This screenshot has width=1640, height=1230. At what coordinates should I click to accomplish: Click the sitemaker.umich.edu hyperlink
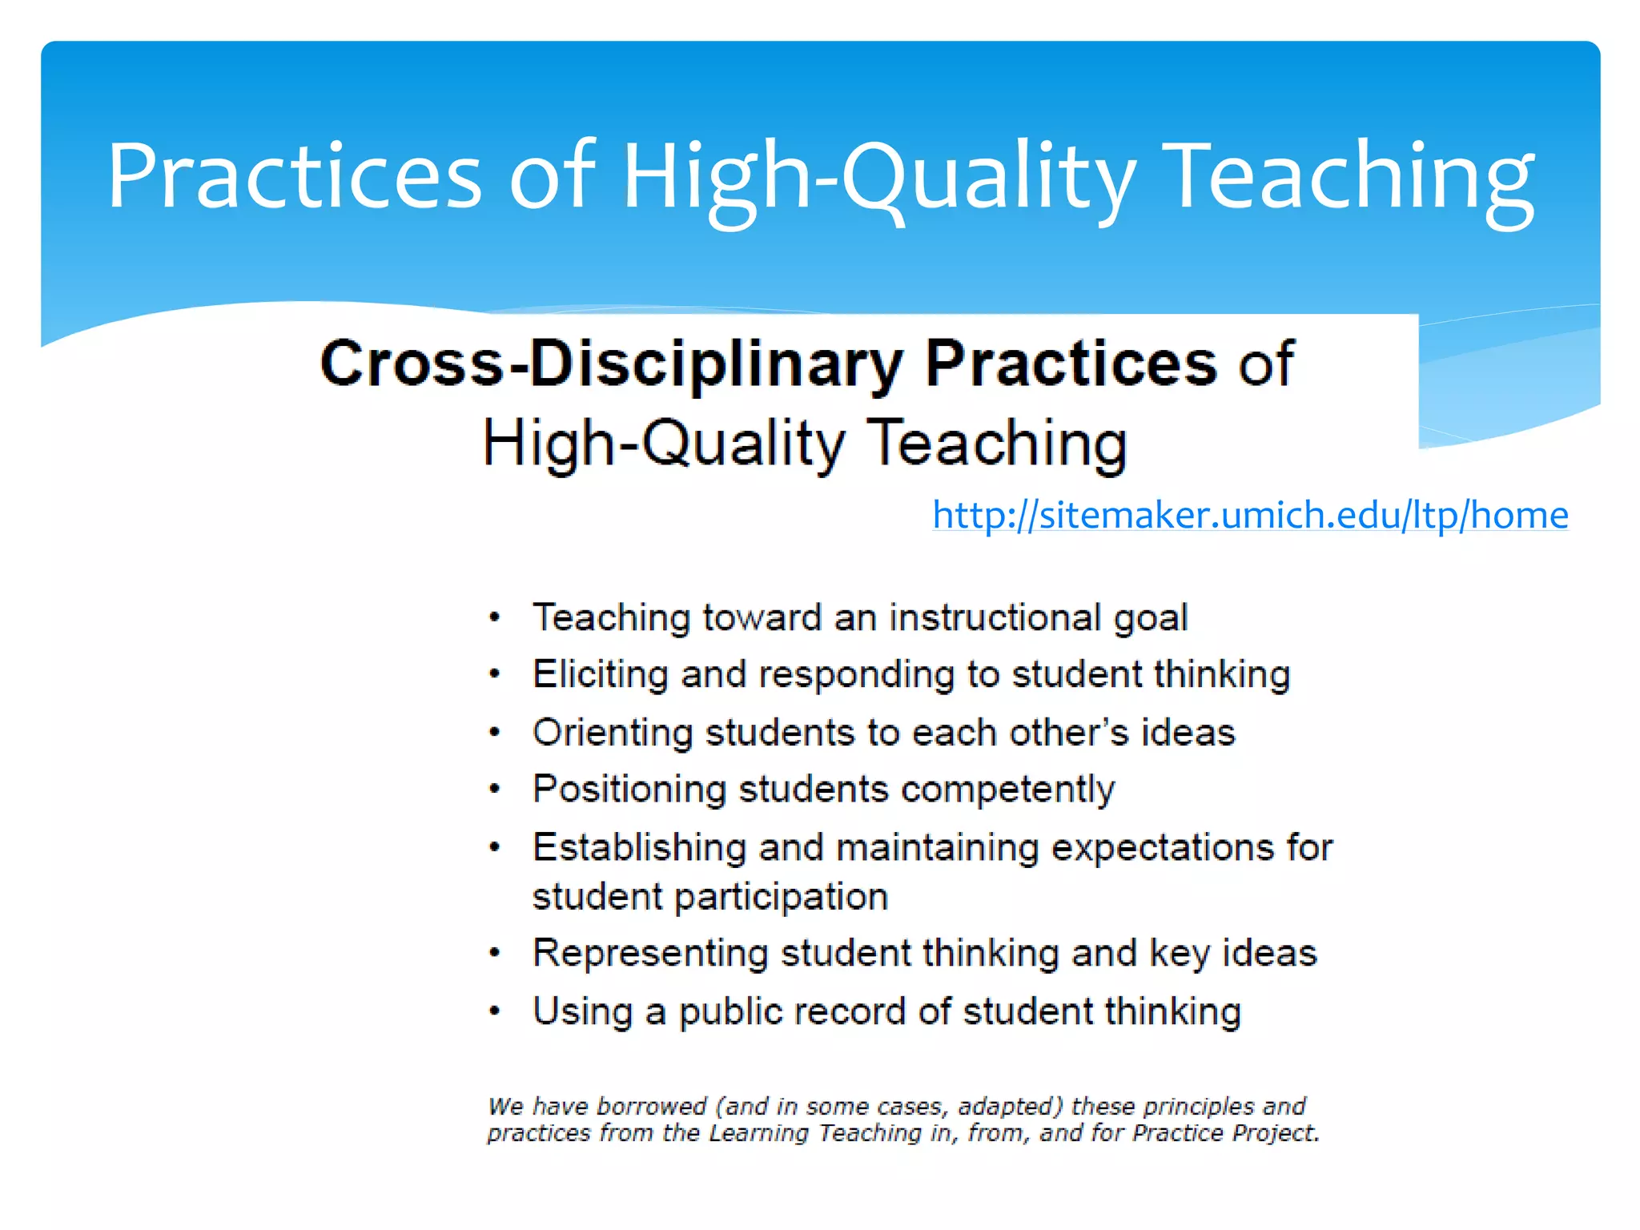1249,515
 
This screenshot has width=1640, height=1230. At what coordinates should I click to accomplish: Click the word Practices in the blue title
294,176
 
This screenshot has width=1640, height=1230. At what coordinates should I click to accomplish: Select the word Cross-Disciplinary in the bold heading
612,364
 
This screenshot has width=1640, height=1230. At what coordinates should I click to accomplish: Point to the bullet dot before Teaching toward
495,617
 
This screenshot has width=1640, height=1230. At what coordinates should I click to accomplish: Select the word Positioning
629,790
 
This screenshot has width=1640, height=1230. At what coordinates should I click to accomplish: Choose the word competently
1007,790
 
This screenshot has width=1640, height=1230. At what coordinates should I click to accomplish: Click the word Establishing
639,848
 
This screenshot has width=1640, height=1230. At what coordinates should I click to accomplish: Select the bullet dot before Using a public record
495,1011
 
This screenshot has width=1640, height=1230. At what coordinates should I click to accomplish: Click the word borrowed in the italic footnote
651,1107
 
